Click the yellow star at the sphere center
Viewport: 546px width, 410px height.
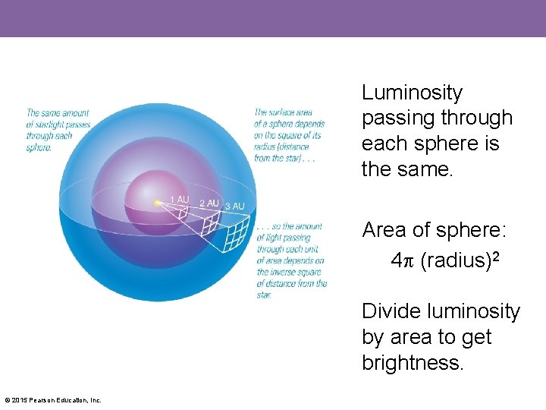pyautogui.click(x=156, y=203)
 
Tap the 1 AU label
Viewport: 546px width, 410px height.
pyautogui.click(x=179, y=199)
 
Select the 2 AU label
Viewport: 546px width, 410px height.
pyautogui.click(x=209, y=203)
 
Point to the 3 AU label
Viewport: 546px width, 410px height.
pyautogui.click(x=234, y=206)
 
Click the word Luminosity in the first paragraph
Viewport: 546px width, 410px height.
pyautogui.click(x=412, y=93)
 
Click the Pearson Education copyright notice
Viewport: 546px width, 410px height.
pyautogui.click(x=53, y=400)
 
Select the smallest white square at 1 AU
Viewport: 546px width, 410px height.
pyautogui.click(x=181, y=213)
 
